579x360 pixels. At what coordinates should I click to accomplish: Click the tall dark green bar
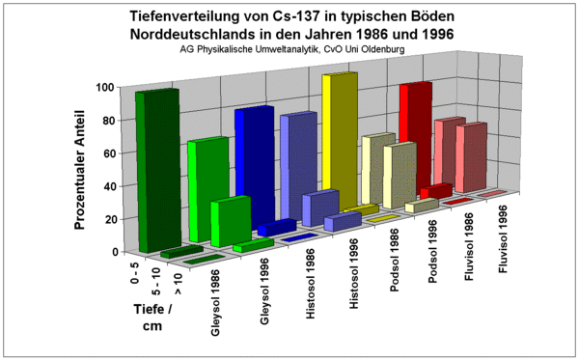tap(156, 170)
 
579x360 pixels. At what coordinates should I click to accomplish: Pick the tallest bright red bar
tap(415, 135)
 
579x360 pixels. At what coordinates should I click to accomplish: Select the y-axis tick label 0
tap(112, 251)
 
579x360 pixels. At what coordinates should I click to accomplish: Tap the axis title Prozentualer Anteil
tap(84, 169)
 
